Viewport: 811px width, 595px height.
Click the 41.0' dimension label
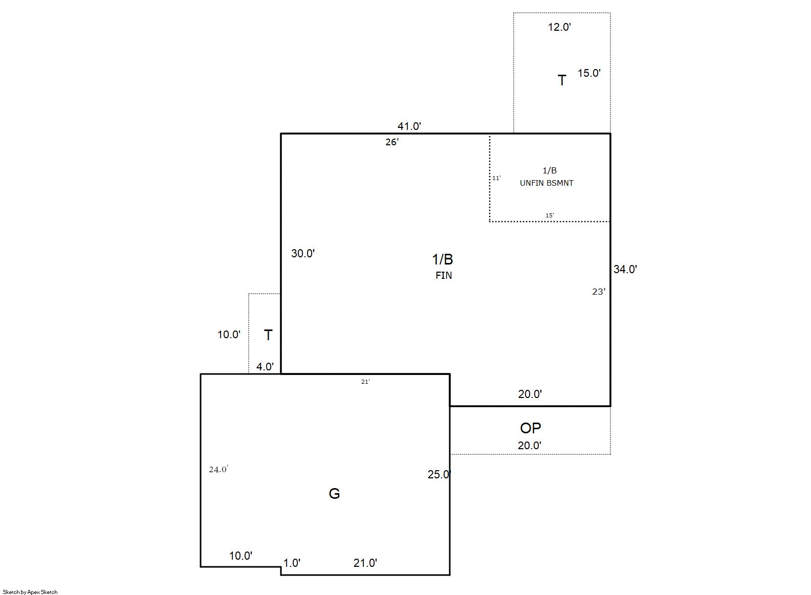pyautogui.click(x=409, y=126)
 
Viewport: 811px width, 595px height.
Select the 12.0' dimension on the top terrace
pyautogui.click(x=559, y=27)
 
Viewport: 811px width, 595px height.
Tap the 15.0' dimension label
pyautogui.click(x=589, y=73)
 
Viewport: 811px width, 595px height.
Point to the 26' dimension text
pyautogui.click(x=392, y=142)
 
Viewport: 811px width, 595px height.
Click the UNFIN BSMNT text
pyautogui.click(x=546, y=183)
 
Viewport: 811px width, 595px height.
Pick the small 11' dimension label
pyautogui.click(x=496, y=178)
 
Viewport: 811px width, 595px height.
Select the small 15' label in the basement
pyautogui.click(x=550, y=215)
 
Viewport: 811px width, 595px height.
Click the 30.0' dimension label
pyautogui.click(x=303, y=253)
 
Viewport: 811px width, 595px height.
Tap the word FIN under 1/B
pyautogui.click(x=444, y=275)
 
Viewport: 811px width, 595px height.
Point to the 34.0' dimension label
pyautogui.click(x=625, y=269)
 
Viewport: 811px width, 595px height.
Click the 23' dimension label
pyautogui.click(x=599, y=292)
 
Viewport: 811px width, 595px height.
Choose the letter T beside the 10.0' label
pyautogui.click(x=268, y=335)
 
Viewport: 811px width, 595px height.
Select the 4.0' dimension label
pyautogui.click(x=265, y=367)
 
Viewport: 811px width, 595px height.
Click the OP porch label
pyautogui.click(x=531, y=428)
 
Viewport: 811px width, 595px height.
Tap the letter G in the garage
pyautogui.click(x=334, y=494)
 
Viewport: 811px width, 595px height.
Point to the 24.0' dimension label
pyautogui.click(x=218, y=470)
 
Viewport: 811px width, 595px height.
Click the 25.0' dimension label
pyautogui.click(x=439, y=474)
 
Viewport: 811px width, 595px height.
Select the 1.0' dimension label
pyautogui.click(x=292, y=563)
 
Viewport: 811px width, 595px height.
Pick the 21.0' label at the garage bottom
pyautogui.click(x=365, y=563)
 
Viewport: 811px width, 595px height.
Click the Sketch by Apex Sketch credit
pyautogui.click(x=30, y=592)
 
